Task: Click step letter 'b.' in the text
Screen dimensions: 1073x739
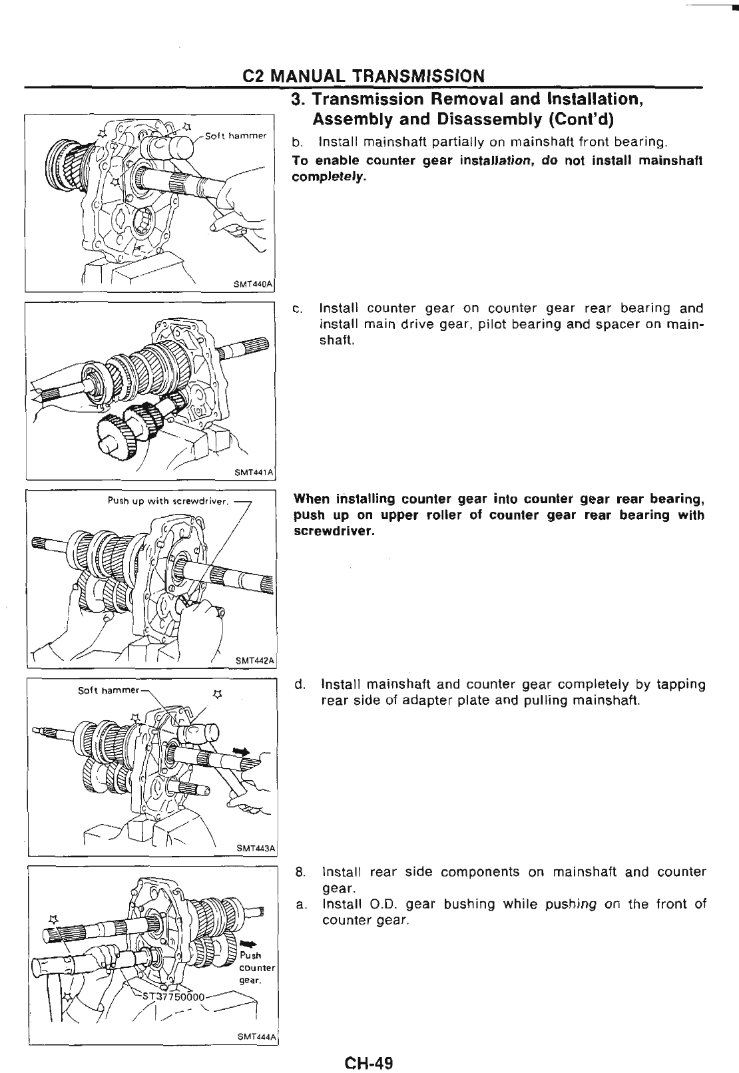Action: click(298, 142)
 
